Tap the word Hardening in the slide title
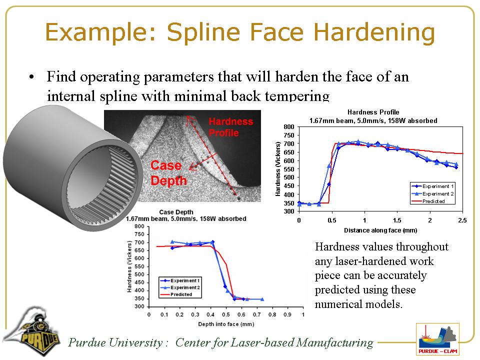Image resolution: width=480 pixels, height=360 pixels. point(374,33)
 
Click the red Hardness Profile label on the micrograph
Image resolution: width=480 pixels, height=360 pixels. point(231,127)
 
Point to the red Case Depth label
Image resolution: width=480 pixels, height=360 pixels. point(168,173)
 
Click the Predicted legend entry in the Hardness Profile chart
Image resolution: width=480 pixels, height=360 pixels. point(433,201)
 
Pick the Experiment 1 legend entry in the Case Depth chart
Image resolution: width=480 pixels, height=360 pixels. point(180,280)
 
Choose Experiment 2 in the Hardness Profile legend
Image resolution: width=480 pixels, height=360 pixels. point(433,193)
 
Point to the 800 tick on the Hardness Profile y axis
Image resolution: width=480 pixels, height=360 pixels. point(289,126)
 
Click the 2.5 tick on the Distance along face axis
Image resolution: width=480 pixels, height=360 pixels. point(462,220)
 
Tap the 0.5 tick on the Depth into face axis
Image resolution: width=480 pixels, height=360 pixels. point(226,314)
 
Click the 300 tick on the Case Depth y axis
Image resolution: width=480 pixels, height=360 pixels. point(139,306)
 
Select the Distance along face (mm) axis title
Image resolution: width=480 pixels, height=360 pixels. point(380,230)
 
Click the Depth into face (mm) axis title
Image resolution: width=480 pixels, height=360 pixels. point(226,324)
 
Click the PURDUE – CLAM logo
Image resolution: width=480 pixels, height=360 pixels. point(437,339)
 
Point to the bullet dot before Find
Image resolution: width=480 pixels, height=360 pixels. point(31,77)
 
